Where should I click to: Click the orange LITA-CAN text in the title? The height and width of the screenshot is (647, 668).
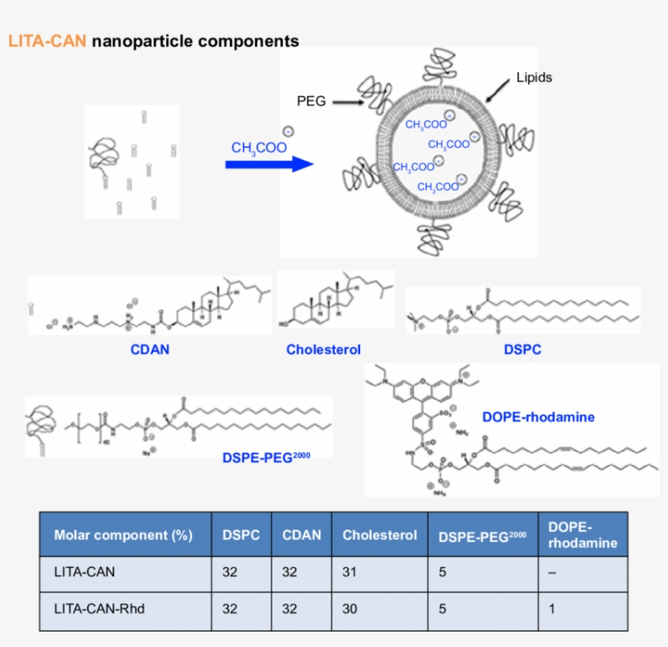coord(47,41)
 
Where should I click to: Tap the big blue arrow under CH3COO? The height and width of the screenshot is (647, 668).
coord(269,164)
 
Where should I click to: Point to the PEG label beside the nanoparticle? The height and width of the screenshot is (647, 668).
coord(311,102)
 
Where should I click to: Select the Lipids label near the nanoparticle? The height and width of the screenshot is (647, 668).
coord(534,78)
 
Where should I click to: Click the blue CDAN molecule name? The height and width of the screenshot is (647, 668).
coord(150,350)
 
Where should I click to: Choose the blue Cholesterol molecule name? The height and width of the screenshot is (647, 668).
coord(323,350)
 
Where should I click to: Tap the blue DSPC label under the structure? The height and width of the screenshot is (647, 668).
coord(521,350)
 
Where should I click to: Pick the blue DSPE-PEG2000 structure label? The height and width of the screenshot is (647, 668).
coord(266,457)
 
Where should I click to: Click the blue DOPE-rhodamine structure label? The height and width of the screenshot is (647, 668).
coord(538,417)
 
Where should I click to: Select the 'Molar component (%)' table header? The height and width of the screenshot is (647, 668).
coord(123,535)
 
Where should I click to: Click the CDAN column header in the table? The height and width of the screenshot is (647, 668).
coord(301,535)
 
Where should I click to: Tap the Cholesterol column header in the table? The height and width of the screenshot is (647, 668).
coord(380,535)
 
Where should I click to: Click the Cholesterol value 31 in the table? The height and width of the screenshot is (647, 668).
coord(350,572)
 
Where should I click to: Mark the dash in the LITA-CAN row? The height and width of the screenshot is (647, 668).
coord(552,572)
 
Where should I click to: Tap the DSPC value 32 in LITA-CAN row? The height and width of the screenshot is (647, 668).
coord(230,572)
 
